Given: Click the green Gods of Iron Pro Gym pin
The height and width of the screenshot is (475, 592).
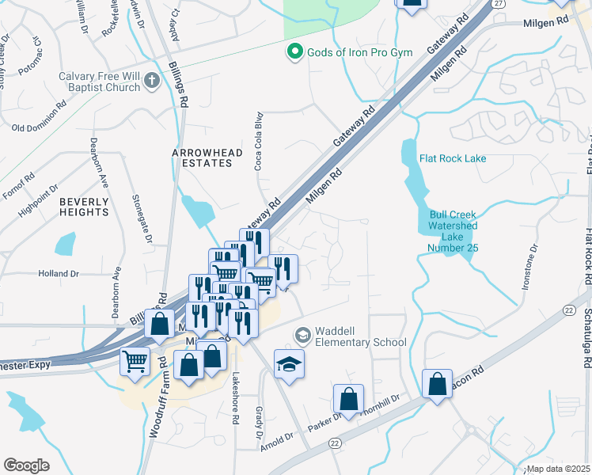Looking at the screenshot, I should [295, 52].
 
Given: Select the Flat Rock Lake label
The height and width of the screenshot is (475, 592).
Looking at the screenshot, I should [453, 158].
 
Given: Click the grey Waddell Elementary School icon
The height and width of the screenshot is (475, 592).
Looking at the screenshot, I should [302, 336].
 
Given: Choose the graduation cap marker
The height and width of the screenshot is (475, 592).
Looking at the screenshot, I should [290, 364].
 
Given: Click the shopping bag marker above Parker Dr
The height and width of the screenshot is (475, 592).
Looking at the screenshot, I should [347, 399].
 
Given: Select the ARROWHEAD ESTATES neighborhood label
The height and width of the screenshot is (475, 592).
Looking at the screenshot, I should [203, 157].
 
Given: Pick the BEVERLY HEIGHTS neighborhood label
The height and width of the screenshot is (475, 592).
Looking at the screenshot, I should [84, 207].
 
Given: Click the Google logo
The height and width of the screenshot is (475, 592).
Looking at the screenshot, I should [26, 465].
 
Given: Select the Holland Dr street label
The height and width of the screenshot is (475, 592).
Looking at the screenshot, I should [59, 274].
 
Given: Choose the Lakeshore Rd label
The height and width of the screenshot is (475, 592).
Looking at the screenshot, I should [235, 401].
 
